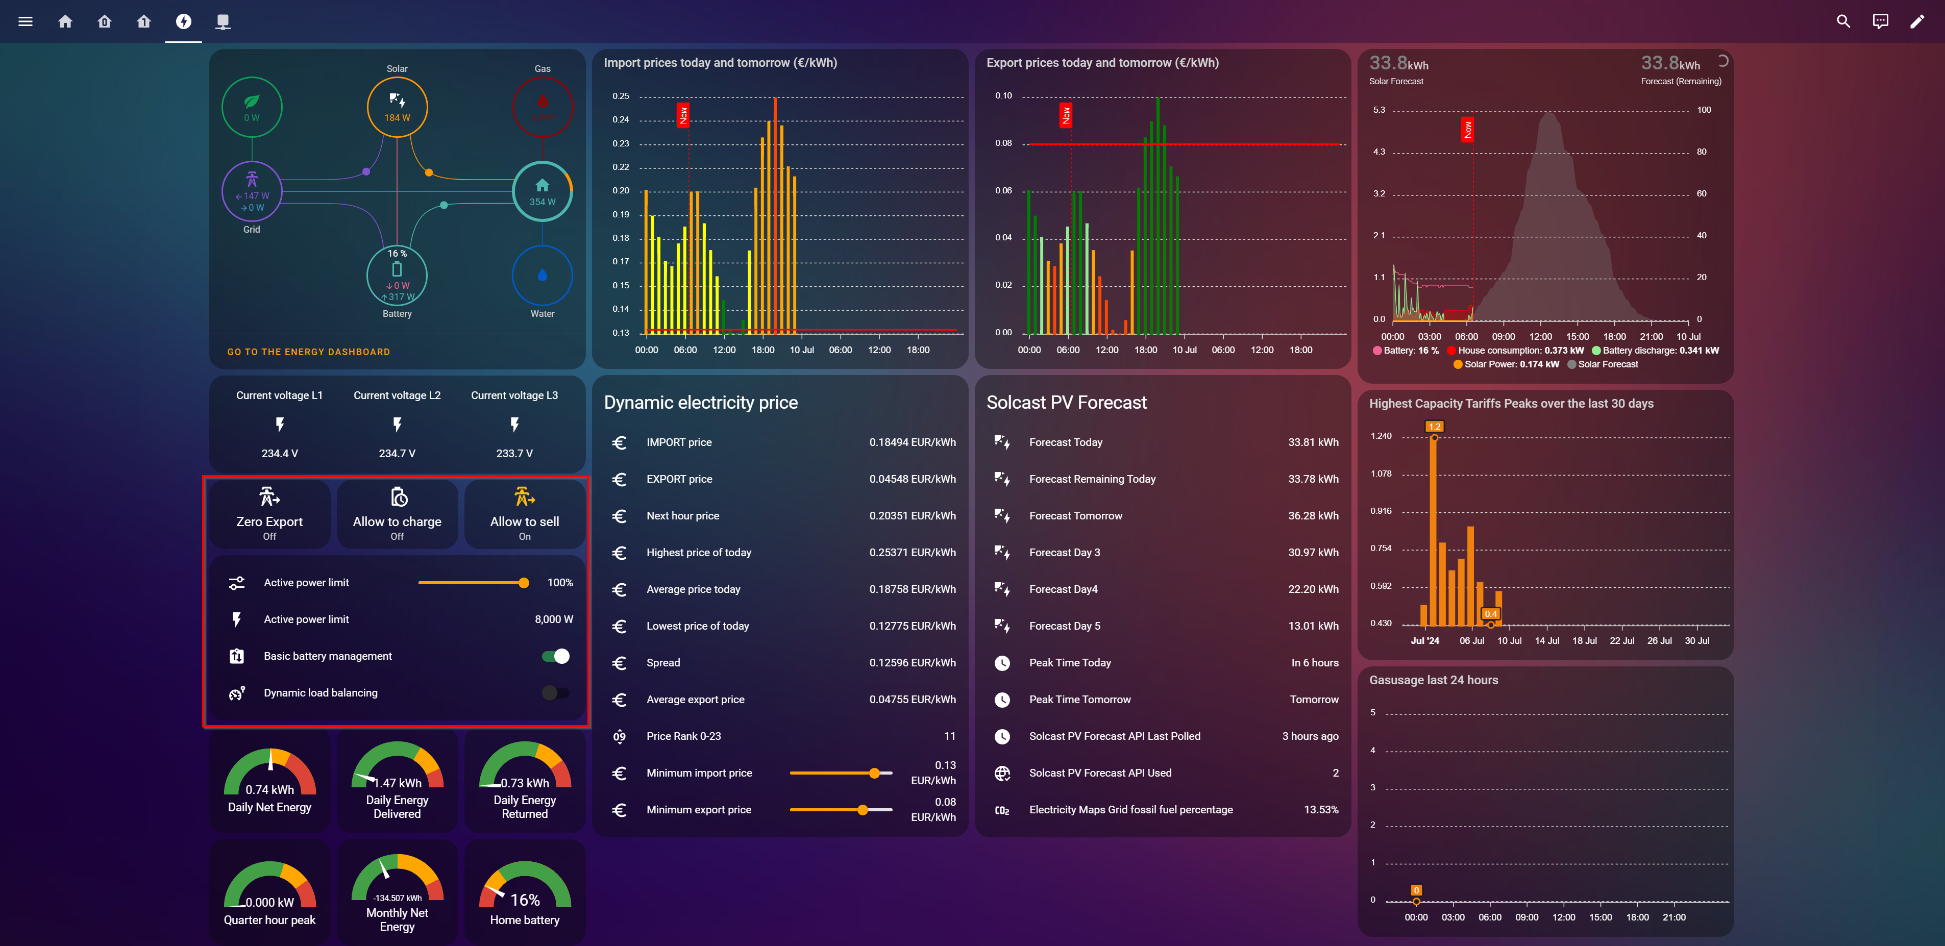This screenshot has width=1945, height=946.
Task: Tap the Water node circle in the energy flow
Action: pos(542,276)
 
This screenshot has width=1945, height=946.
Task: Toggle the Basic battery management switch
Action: pos(556,656)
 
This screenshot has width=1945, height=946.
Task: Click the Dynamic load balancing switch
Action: pos(556,693)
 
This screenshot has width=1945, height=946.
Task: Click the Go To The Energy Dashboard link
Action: pos(308,352)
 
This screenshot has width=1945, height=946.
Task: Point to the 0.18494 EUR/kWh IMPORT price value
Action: pos(912,442)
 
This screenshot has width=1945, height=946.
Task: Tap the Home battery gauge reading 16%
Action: pos(525,894)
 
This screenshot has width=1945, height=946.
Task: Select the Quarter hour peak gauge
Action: pos(269,894)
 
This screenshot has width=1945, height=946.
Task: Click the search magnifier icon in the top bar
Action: pos(1843,21)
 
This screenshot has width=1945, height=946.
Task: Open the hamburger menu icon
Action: pos(25,21)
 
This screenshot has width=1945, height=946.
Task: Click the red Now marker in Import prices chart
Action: pos(683,115)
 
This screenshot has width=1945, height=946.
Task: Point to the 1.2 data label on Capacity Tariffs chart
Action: pos(1434,427)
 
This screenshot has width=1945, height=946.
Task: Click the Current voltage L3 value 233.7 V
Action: pos(514,454)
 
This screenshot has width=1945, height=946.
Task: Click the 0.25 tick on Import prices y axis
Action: pos(621,96)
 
